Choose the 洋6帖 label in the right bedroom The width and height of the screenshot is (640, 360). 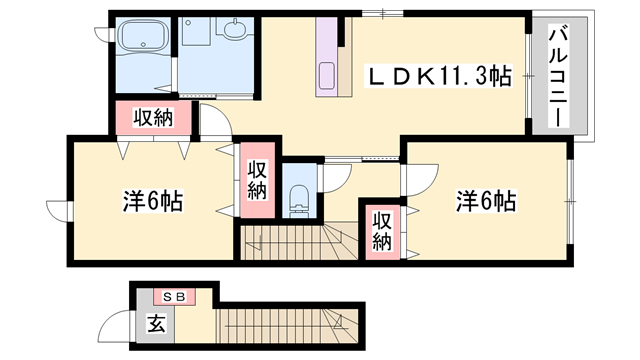(x=486, y=200)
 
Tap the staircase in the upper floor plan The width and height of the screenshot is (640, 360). (x=290, y=243)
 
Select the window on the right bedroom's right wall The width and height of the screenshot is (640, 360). (x=572, y=200)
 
